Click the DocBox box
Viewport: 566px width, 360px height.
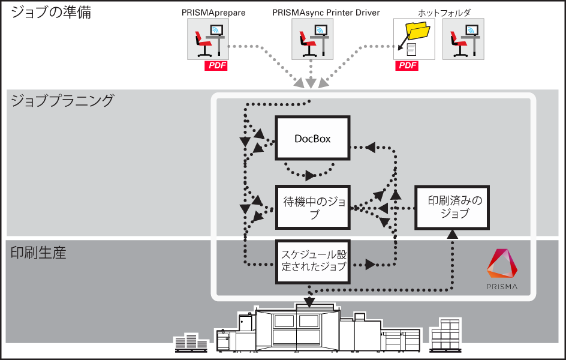(x=312, y=138)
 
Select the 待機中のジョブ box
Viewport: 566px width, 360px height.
(x=312, y=207)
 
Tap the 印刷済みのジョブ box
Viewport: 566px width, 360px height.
(x=452, y=207)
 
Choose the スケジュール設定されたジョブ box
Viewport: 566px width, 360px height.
(x=312, y=262)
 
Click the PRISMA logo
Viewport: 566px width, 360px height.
(x=502, y=269)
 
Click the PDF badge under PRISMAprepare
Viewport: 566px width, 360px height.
(x=216, y=65)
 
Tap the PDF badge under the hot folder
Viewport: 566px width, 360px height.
(x=407, y=65)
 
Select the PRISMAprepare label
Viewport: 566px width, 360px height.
(x=213, y=13)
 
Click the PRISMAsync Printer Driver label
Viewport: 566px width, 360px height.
(x=326, y=13)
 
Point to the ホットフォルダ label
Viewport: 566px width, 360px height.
(x=444, y=13)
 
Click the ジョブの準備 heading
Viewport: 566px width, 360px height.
(x=51, y=12)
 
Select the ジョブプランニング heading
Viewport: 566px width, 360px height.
(x=62, y=100)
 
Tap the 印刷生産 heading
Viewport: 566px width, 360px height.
(x=38, y=253)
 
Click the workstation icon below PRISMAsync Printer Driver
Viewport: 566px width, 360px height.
(x=312, y=39)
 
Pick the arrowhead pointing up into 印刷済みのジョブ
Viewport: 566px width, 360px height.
(x=452, y=234)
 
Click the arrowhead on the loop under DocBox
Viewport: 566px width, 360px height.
(x=310, y=175)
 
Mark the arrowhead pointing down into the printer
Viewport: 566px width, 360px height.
(x=309, y=302)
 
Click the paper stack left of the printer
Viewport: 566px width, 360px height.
(x=191, y=343)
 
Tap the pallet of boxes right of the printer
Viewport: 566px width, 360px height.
(x=445, y=335)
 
